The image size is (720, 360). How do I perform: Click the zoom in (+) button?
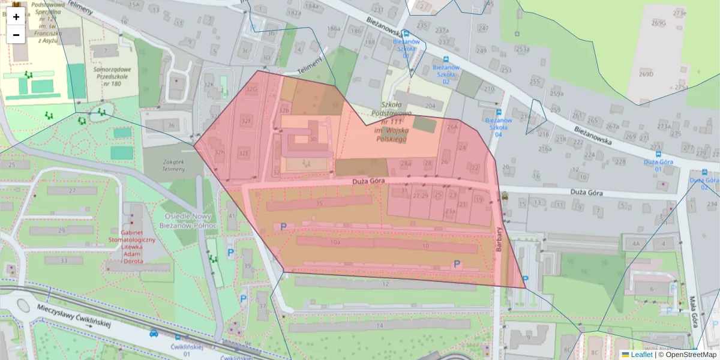coord(16,17)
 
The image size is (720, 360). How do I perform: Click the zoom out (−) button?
coord(16,35)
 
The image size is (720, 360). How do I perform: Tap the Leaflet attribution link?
coord(641,355)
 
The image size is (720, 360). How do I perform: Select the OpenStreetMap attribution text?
coord(691,355)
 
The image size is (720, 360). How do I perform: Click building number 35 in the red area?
coord(319,204)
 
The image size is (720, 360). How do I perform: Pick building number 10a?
coord(335,242)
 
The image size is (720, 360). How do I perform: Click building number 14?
coord(379,325)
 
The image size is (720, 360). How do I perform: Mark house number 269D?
coord(646,74)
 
